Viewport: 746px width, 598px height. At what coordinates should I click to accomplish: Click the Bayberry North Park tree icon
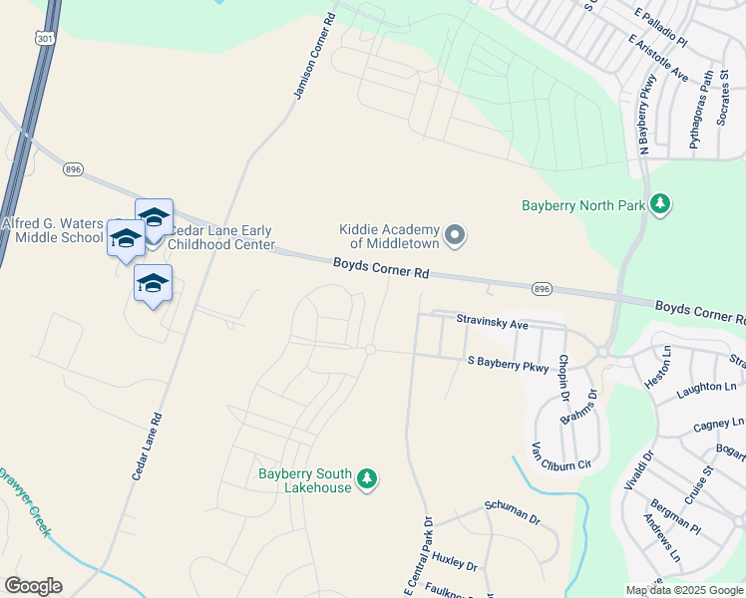click(x=659, y=205)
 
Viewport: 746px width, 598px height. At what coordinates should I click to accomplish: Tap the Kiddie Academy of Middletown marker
click(x=455, y=236)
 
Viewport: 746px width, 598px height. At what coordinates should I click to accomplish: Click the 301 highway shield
click(x=44, y=38)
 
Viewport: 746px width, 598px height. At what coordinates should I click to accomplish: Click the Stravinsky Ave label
click(x=492, y=323)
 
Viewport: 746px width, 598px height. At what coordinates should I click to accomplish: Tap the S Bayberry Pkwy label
click(x=508, y=366)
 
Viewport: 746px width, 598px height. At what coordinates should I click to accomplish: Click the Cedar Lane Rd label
click(x=147, y=434)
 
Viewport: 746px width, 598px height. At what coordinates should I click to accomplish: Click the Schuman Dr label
click(x=513, y=512)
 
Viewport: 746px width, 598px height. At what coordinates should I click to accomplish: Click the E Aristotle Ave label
click(x=658, y=60)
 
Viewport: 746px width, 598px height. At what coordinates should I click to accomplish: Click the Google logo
click(x=33, y=586)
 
